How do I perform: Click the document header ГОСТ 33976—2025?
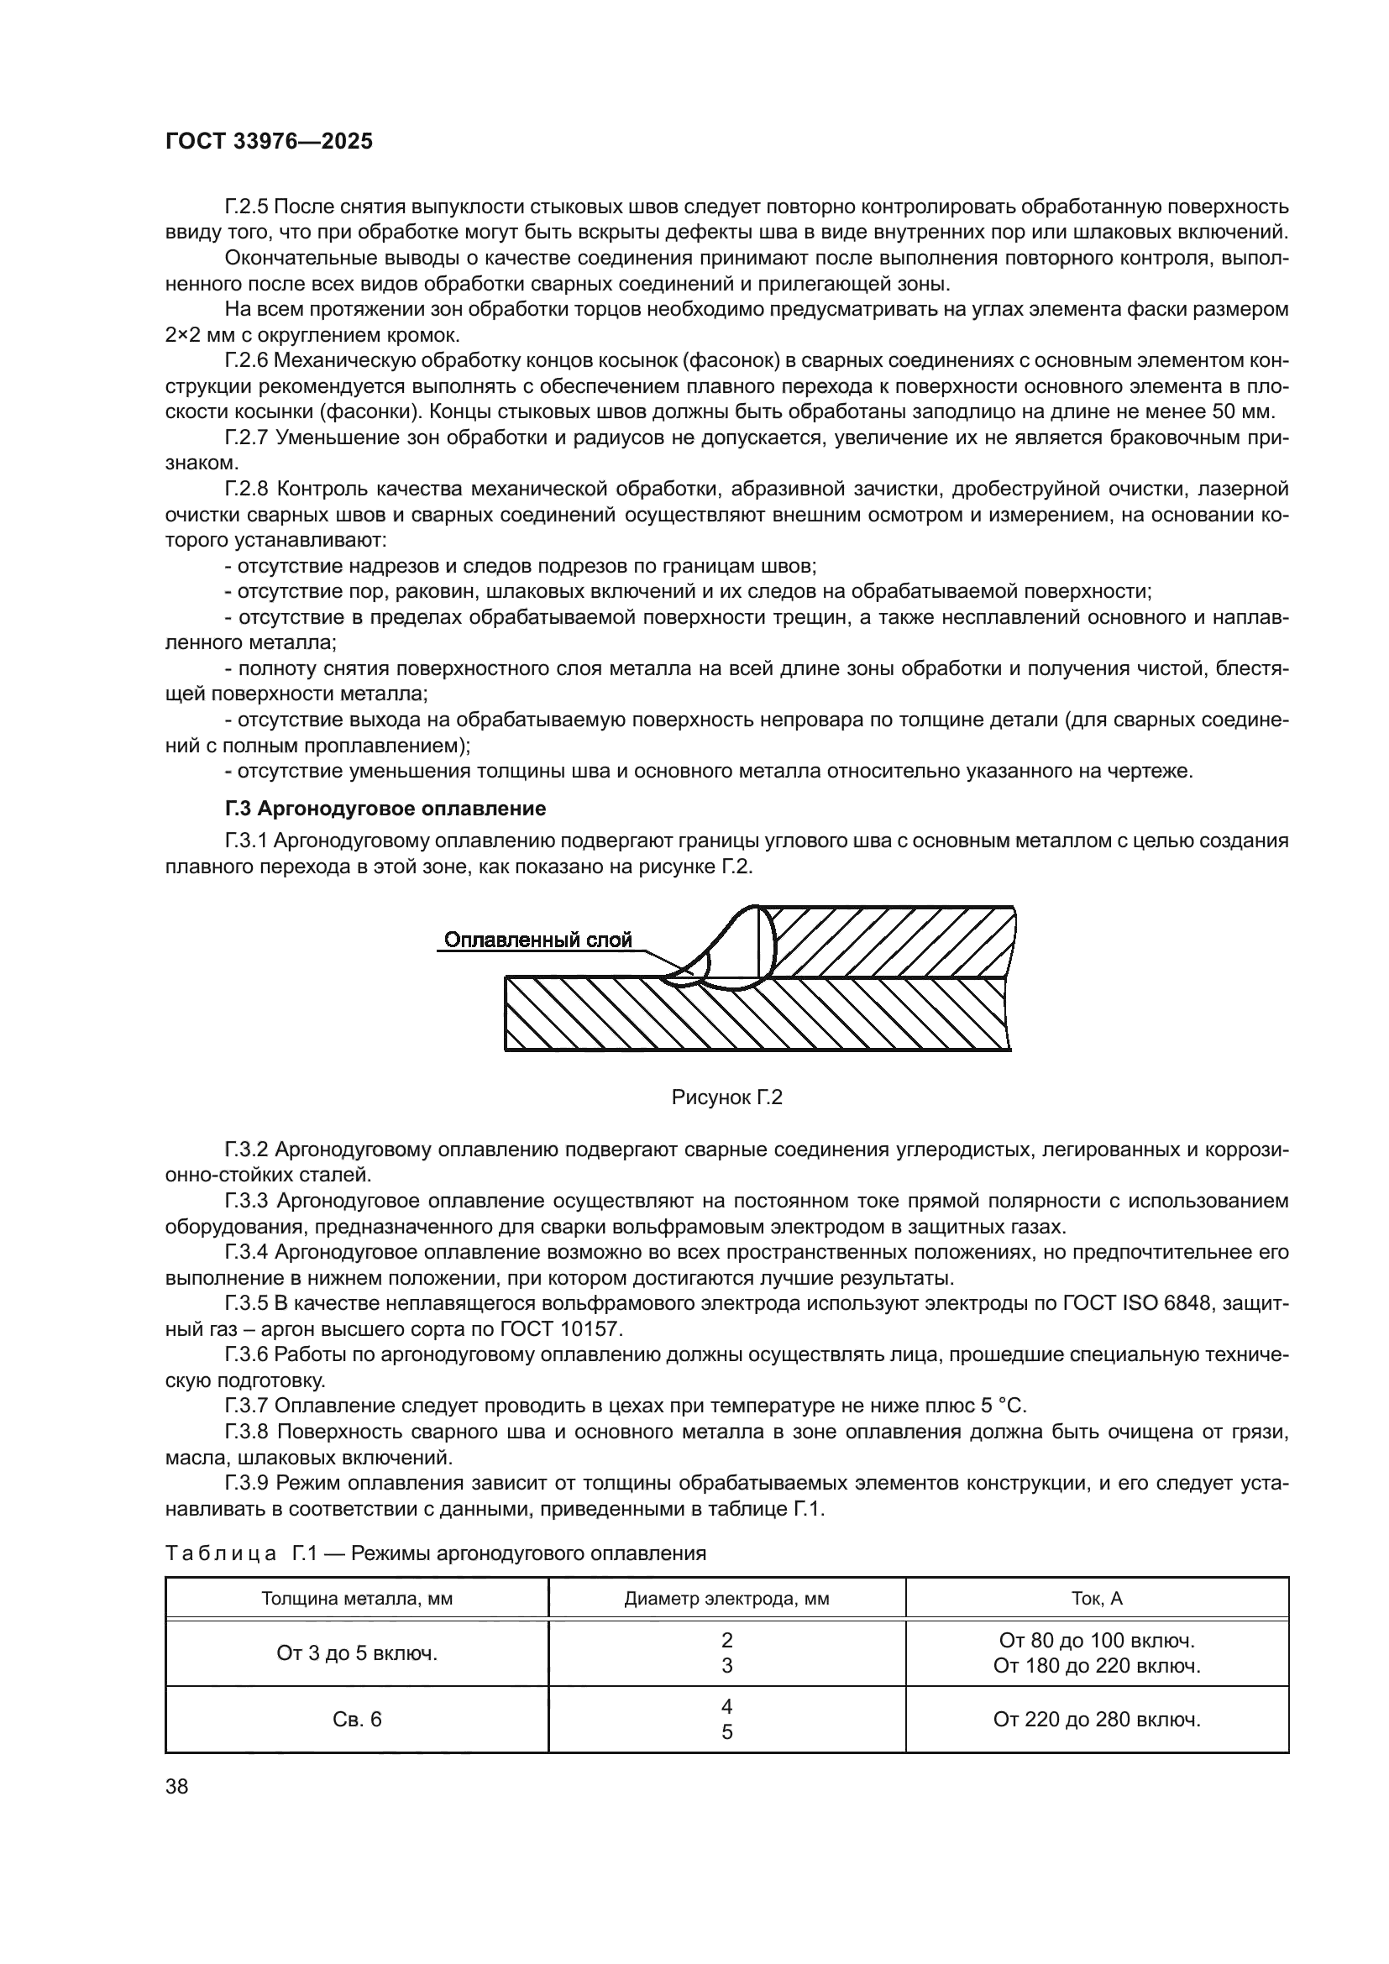(269, 142)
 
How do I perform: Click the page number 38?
(176, 1786)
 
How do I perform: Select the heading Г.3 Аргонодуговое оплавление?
(385, 809)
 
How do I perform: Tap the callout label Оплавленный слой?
(538, 941)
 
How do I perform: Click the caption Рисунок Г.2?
(727, 1097)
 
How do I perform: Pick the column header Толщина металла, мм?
(357, 1599)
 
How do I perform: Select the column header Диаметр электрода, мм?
(726, 1599)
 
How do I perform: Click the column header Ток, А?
(1097, 1599)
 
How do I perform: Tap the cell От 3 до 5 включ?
(357, 1653)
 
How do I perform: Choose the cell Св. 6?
(357, 1720)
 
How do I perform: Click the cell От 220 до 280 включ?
(1097, 1720)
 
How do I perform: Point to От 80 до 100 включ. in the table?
(1097, 1641)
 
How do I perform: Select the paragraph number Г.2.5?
(246, 207)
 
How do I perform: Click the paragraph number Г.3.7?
(246, 1406)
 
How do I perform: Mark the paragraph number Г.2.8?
(246, 490)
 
